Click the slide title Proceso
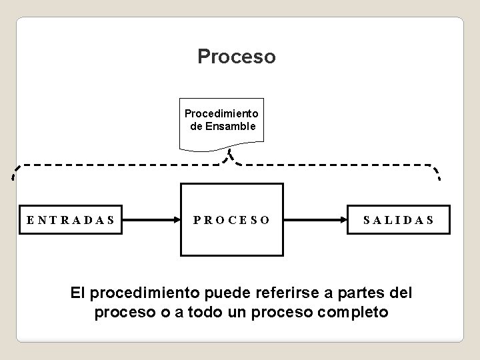236,57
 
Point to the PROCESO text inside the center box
232,219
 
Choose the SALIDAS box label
398,219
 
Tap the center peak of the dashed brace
229,155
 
